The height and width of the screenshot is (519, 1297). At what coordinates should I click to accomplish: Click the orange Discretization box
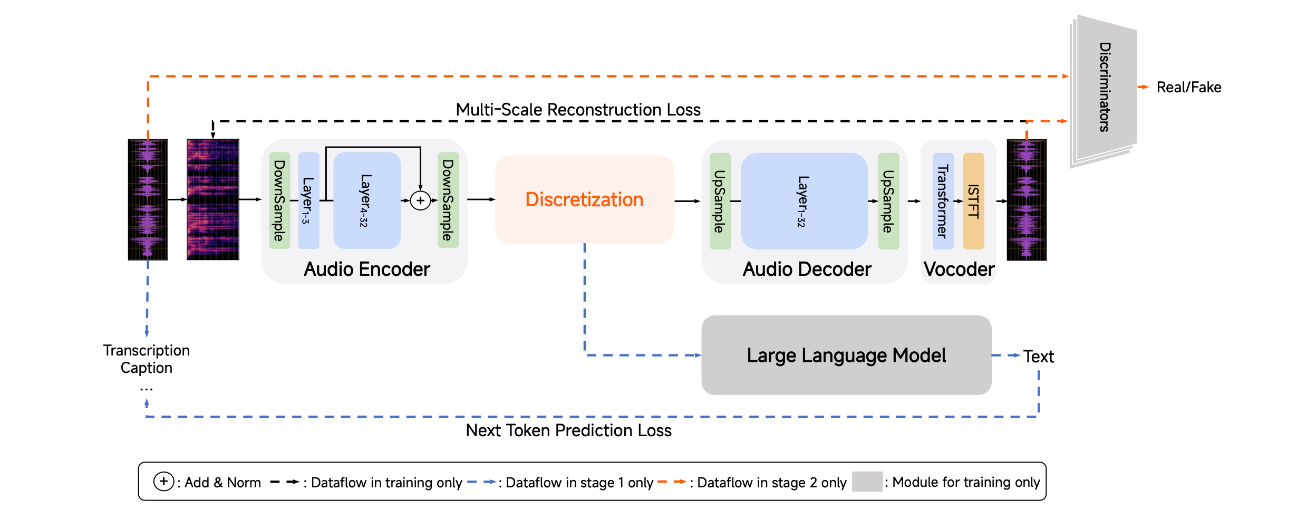point(584,199)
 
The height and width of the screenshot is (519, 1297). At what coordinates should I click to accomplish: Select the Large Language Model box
point(846,355)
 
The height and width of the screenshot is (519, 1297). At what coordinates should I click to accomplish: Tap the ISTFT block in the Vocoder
point(973,201)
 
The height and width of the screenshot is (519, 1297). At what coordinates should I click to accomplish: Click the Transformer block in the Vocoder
point(943,201)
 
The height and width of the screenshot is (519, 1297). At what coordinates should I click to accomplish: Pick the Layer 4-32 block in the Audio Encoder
point(367,200)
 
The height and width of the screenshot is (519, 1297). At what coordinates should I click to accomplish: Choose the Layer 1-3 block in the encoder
point(308,200)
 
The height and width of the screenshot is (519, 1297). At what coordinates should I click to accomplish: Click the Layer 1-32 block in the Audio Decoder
point(804,201)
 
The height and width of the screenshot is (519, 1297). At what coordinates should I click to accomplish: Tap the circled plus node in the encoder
point(420,200)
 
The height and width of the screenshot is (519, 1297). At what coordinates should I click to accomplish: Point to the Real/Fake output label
point(1189,87)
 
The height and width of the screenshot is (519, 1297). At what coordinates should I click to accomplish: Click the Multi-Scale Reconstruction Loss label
point(578,109)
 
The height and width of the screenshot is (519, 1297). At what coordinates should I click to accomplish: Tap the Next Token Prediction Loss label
point(569,430)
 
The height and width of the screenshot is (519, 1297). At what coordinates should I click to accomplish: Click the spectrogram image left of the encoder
point(213,199)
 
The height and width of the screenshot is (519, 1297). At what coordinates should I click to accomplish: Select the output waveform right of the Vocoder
point(1027,200)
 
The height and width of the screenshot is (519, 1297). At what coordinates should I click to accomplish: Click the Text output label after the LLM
point(1039,357)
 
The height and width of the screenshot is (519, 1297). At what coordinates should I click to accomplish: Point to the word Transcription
point(147,350)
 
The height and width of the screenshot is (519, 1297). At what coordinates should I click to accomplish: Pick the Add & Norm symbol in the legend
point(163,482)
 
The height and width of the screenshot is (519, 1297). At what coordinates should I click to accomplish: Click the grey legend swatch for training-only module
point(867,482)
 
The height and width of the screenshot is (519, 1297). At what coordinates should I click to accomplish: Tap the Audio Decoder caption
point(807,269)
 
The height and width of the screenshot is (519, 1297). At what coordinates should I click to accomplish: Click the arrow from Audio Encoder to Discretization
point(481,199)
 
